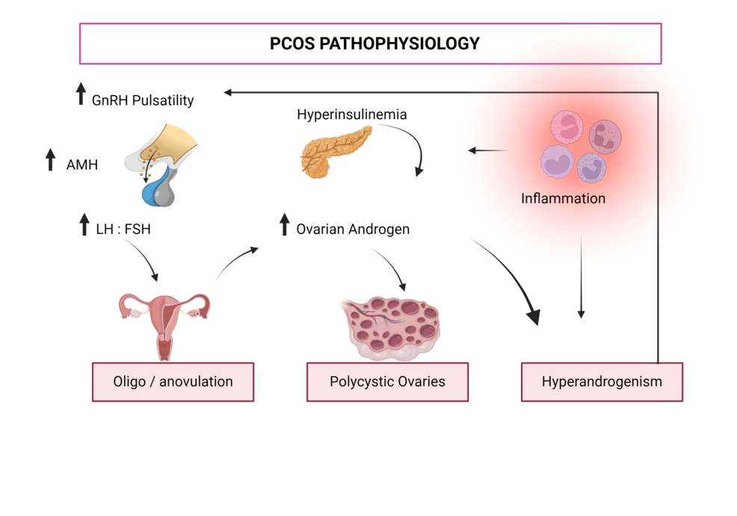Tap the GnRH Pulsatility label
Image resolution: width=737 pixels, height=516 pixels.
pos(143,100)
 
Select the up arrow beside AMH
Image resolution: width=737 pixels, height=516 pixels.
pos(50,159)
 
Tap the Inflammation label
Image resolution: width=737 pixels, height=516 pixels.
pos(563,199)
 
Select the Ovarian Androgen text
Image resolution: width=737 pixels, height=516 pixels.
pos(353,229)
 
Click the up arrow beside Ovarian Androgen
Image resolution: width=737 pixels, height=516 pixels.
pos(284,224)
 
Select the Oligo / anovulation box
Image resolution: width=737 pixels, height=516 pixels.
pos(173,381)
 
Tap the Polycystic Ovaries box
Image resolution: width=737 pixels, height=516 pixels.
pos(387,381)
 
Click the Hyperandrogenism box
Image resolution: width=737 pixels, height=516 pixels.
pos(602,381)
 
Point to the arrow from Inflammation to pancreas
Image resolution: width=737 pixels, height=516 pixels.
pos(487,150)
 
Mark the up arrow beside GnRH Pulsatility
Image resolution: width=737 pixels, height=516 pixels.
pos(81,95)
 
